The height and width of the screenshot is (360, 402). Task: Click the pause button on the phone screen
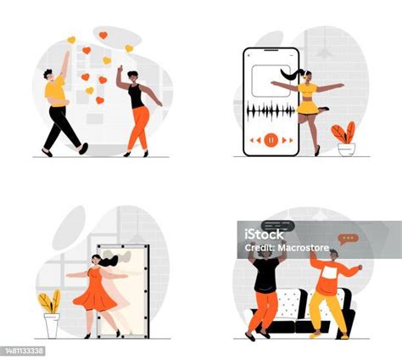(x=271, y=138)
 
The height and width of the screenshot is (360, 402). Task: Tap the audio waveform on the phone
(x=270, y=111)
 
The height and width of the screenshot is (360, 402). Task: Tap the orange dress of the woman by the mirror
(x=95, y=293)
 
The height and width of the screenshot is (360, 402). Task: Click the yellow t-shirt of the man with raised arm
(x=54, y=88)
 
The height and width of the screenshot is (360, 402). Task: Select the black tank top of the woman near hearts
(x=137, y=97)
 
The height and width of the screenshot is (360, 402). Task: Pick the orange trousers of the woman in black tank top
(x=138, y=127)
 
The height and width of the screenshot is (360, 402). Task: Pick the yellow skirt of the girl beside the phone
(x=307, y=108)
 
